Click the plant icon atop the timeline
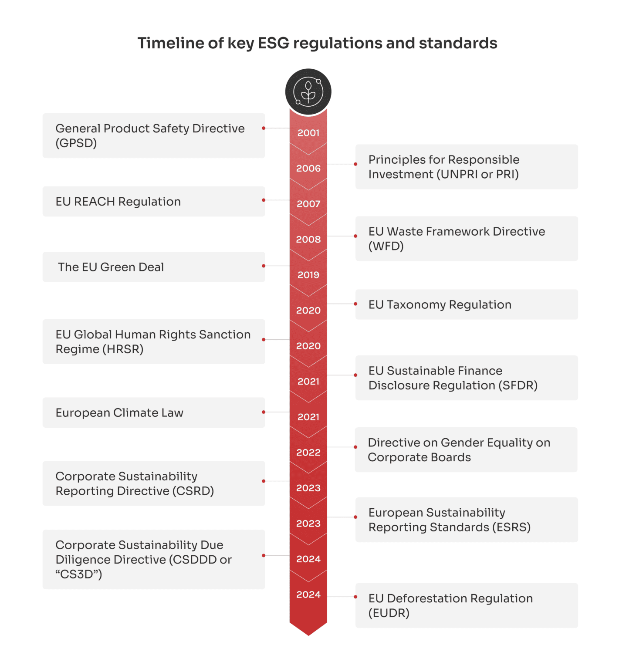click(308, 91)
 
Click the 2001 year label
click(308, 133)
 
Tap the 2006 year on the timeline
click(308, 169)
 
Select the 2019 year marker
click(308, 275)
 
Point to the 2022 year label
click(308, 453)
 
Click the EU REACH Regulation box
click(154, 202)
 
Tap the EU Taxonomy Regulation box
click(467, 304)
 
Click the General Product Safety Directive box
click(154, 135)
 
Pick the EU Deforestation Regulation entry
click(467, 605)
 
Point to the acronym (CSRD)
click(193, 491)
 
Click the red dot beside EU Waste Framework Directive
click(355, 236)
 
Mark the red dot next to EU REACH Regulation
click(264, 200)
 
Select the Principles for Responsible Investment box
click(467, 167)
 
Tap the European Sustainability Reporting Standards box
click(467, 520)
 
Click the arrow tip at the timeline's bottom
click(308, 633)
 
